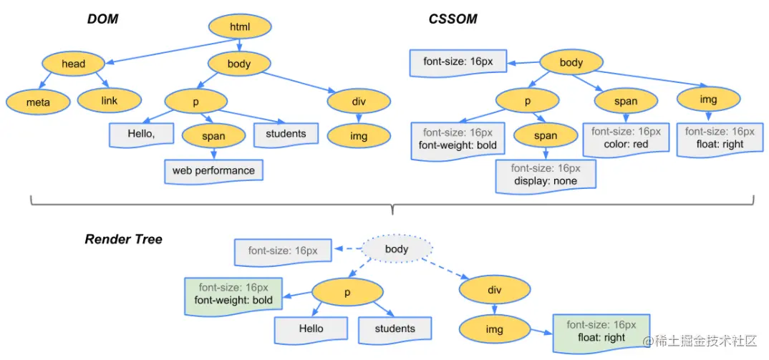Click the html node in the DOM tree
[240, 27]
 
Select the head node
[73, 63]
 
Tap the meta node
[38, 102]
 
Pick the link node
[110, 100]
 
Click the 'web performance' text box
[214, 171]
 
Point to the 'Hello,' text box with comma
[141, 134]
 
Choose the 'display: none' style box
[546, 174]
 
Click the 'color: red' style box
[626, 138]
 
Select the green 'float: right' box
[601, 331]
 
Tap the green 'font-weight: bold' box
[233, 293]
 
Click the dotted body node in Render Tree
[397, 249]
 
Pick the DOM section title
[103, 19]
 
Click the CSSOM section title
[453, 19]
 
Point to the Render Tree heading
[124, 239]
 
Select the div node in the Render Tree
[494, 289]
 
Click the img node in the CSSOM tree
[708, 99]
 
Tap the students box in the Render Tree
[395, 329]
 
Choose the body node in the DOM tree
[239, 64]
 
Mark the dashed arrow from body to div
[446, 269]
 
